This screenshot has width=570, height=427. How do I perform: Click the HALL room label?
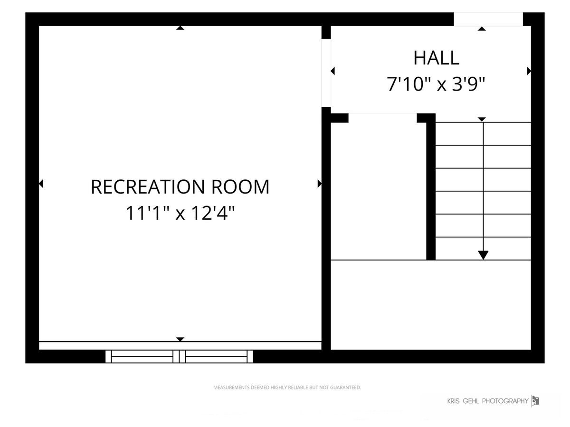(436, 58)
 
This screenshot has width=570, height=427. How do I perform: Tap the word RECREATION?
(148, 186)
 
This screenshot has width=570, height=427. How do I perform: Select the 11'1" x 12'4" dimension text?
(180, 213)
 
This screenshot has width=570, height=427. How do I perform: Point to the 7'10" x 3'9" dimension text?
(436, 84)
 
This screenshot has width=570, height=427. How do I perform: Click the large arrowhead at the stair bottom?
(483, 255)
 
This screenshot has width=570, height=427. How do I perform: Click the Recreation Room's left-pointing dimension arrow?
(41, 184)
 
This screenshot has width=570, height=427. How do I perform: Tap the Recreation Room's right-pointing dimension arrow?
(320, 184)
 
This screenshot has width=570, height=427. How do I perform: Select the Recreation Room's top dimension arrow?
(180, 28)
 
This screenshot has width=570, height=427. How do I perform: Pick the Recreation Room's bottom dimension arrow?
(180, 339)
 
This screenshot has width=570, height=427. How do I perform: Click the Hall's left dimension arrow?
(332, 71)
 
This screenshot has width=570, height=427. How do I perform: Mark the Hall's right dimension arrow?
(529, 71)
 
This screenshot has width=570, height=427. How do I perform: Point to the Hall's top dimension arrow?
(482, 28)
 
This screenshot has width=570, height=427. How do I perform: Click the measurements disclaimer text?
(287, 387)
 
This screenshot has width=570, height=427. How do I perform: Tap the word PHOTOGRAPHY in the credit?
(505, 401)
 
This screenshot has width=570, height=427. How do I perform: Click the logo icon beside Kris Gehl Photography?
(535, 401)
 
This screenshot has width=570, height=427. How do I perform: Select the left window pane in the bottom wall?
(142, 356)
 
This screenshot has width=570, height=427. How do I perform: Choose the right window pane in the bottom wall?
(216, 356)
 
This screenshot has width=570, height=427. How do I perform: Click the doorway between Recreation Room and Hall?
(326, 73)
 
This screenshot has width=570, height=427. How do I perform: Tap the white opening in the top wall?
(488, 19)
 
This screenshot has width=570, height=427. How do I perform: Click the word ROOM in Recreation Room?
(240, 186)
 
